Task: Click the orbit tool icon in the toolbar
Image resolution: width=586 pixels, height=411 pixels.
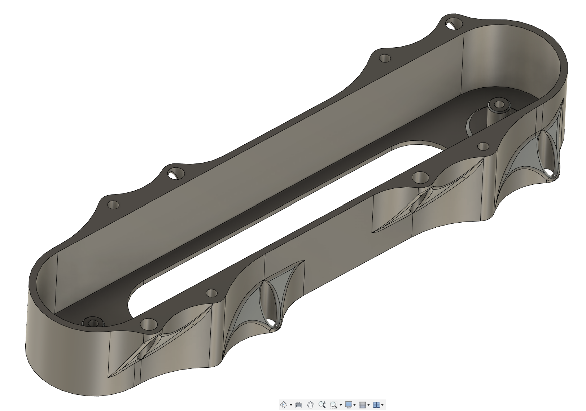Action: pyautogui.click(x=284, y=405)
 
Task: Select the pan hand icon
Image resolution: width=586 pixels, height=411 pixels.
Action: pyautogui.click(x=310, y=405)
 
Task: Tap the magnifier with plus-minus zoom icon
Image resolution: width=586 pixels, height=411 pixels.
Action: pyautogui.click(x=322, y=405)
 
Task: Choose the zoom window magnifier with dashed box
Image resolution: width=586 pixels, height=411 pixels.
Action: pyautogui.click(x=333, y=405)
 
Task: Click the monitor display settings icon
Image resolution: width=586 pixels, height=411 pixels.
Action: pyautogui.click(x=348, y=405)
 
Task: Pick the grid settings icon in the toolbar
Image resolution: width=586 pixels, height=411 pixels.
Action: pyautogui.click(x=363, y=405)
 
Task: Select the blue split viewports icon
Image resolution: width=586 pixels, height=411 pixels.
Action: pyautogui.click(x=376, y=405)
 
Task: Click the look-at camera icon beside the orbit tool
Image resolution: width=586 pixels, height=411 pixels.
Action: pyautogui.click(x=298, y=405)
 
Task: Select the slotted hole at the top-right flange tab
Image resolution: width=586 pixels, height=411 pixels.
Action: pyautogui.click(x=453, y=25)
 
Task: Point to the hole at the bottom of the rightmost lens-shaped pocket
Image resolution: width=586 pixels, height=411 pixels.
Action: pyautogui.click(x=551, y=173)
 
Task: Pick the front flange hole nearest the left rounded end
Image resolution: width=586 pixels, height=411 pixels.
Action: pyautogui.click(x=148, y=324)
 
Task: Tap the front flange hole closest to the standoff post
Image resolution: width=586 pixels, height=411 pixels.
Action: pyautogui.click(x=483, y=146)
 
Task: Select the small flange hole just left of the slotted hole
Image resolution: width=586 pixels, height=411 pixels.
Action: pyautogui.click(x=385, y=58)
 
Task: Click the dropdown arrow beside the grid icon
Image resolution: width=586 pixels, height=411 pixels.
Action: pyautogui.click(x=368, y=405)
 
